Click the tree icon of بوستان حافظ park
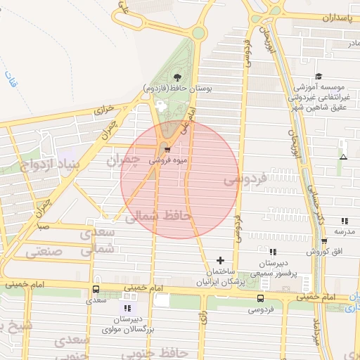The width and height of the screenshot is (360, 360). [x=176, y=77]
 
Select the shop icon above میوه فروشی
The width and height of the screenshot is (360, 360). [x=167, y=148]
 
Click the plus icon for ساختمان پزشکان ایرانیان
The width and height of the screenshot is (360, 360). [x=221, y=260]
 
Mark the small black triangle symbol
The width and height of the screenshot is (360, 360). [x=343, y=156]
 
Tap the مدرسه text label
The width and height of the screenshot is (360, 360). [x=345, y=231]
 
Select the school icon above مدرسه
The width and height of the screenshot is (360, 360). [x=344, y=221]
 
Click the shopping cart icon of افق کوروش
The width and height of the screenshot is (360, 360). [x=324, y=241]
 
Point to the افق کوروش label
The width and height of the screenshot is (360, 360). [x=326, y=251]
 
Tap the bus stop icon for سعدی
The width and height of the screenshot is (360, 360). [x=96, y=289]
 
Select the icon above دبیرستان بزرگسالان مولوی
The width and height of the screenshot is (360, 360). [x=127, y=308]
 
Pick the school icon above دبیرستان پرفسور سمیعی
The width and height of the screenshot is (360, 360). [x=273, y=251]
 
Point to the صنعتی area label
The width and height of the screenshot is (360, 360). [x=44, y=251]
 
